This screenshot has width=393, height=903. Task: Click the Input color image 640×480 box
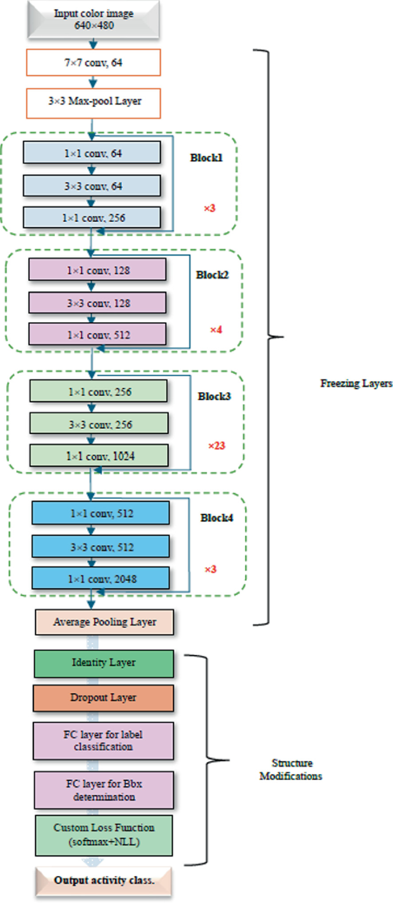point(94,19)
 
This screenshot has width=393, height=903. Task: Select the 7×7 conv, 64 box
point(94,62)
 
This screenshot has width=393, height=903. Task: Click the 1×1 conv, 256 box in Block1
point(92,218)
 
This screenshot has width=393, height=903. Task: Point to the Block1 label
point(206,158)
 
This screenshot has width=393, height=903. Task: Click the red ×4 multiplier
point(216,330)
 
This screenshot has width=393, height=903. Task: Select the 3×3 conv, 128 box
point(98,303)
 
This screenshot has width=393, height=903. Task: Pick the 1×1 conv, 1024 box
point(99,456)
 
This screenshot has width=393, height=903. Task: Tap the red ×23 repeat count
point(216,445)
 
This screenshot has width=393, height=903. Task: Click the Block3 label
point(214,396)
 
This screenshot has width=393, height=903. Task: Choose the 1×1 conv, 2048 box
point(101,579)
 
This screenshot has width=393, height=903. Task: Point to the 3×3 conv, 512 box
point(101,547)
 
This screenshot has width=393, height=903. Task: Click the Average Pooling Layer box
point(104,622)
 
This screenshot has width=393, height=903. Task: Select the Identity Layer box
point(104,663)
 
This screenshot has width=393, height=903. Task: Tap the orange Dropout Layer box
point(103,698)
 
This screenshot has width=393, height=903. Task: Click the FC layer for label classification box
point(103,741)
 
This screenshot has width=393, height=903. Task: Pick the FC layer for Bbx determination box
point(104,790)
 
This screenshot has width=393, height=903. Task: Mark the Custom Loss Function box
point(104,835)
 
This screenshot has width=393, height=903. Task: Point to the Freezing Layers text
point(356,384)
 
